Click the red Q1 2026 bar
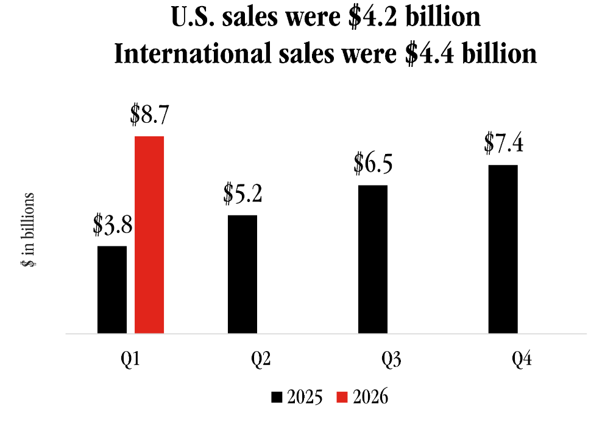(149, 235)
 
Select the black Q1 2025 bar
(112, 290)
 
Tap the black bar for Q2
(242, 274)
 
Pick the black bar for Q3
(372, 259)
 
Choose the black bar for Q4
(503, 249)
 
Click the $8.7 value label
(149, 115)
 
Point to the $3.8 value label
(113, 225)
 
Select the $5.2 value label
(243, 194)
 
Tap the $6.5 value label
(373, 164)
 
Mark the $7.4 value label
(503, 144)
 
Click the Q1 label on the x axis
(130, 360)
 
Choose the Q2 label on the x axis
(261, 360)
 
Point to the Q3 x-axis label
(391, 360)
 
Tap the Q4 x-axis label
(522, 360)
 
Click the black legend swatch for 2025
(277, 397)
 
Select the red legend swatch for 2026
(342, 397)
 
